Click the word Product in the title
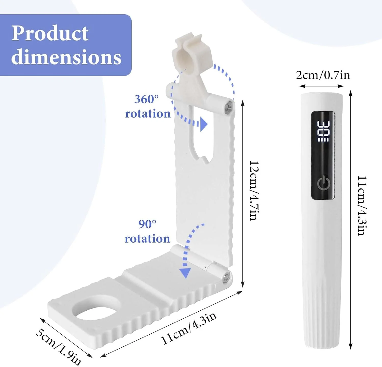click(x=50, y=33)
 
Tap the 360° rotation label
click(x=148, y=106)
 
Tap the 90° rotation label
click(x=147, y=231)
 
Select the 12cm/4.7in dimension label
click(x=254, y=190)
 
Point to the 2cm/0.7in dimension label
click(x=323, y=75)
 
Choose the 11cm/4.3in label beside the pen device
click(x=362, y=205)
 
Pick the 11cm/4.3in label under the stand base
click(x=189, y=328)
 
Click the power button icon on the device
click(x=324, y=183)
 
